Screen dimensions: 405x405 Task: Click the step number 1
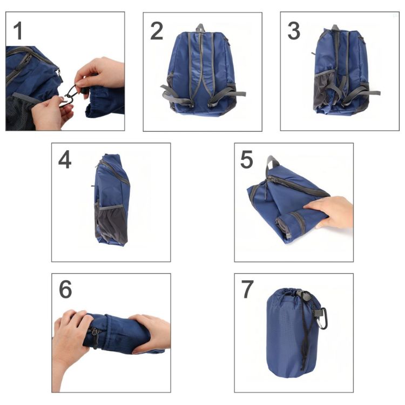click(18, 31)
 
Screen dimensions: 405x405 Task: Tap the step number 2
click(156, 31)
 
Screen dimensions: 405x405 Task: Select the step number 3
click(293, 31)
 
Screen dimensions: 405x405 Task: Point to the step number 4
click(64, 160)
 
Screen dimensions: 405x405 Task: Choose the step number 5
click(247, 160)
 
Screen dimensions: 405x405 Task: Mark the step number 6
click(65, 290)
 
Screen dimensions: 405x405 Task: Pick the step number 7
click(247, 290)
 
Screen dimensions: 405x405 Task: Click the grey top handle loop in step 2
click(201, 28)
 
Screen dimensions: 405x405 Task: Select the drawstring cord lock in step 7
click(306, 296)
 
